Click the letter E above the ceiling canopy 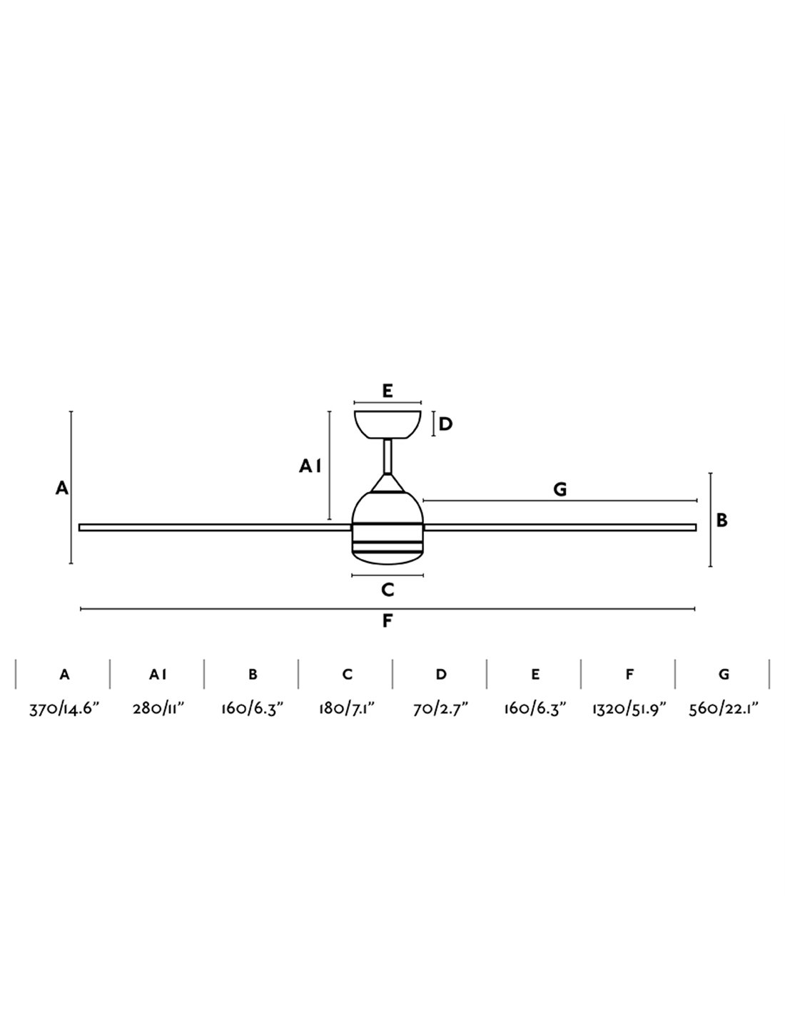coord(387,391)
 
